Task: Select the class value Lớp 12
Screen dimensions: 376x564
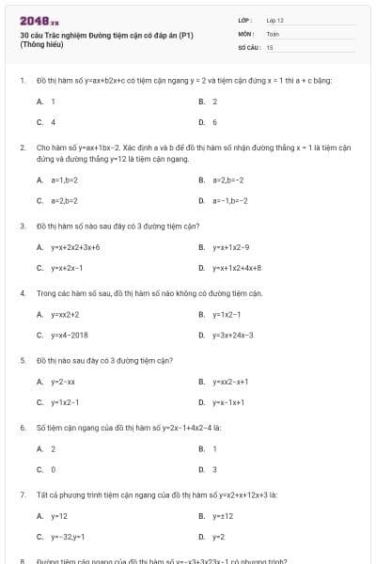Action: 274,20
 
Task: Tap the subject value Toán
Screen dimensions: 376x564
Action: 273,33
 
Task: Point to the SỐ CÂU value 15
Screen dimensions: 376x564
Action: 270,46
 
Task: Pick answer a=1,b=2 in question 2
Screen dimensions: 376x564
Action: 65,179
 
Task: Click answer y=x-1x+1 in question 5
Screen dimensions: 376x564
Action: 228,402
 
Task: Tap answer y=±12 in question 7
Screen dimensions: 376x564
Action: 222,516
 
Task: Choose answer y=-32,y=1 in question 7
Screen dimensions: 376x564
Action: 69,537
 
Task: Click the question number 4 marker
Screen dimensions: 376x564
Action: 22,293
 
